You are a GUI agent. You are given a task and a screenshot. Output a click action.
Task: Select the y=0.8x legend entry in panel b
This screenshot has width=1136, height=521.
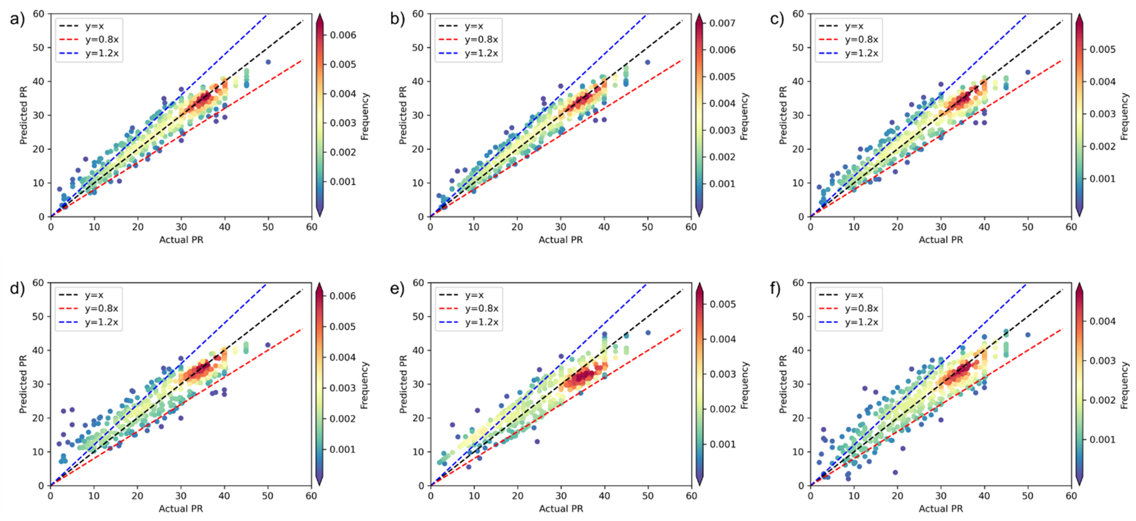481,40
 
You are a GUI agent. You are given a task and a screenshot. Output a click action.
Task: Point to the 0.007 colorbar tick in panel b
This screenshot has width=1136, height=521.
722,23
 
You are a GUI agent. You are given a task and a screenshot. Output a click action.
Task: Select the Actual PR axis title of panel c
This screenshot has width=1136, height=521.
941,240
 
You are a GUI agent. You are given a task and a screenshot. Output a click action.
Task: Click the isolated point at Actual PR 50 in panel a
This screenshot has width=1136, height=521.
268,62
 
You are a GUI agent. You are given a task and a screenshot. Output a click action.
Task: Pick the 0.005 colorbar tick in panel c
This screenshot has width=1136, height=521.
1103,49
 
